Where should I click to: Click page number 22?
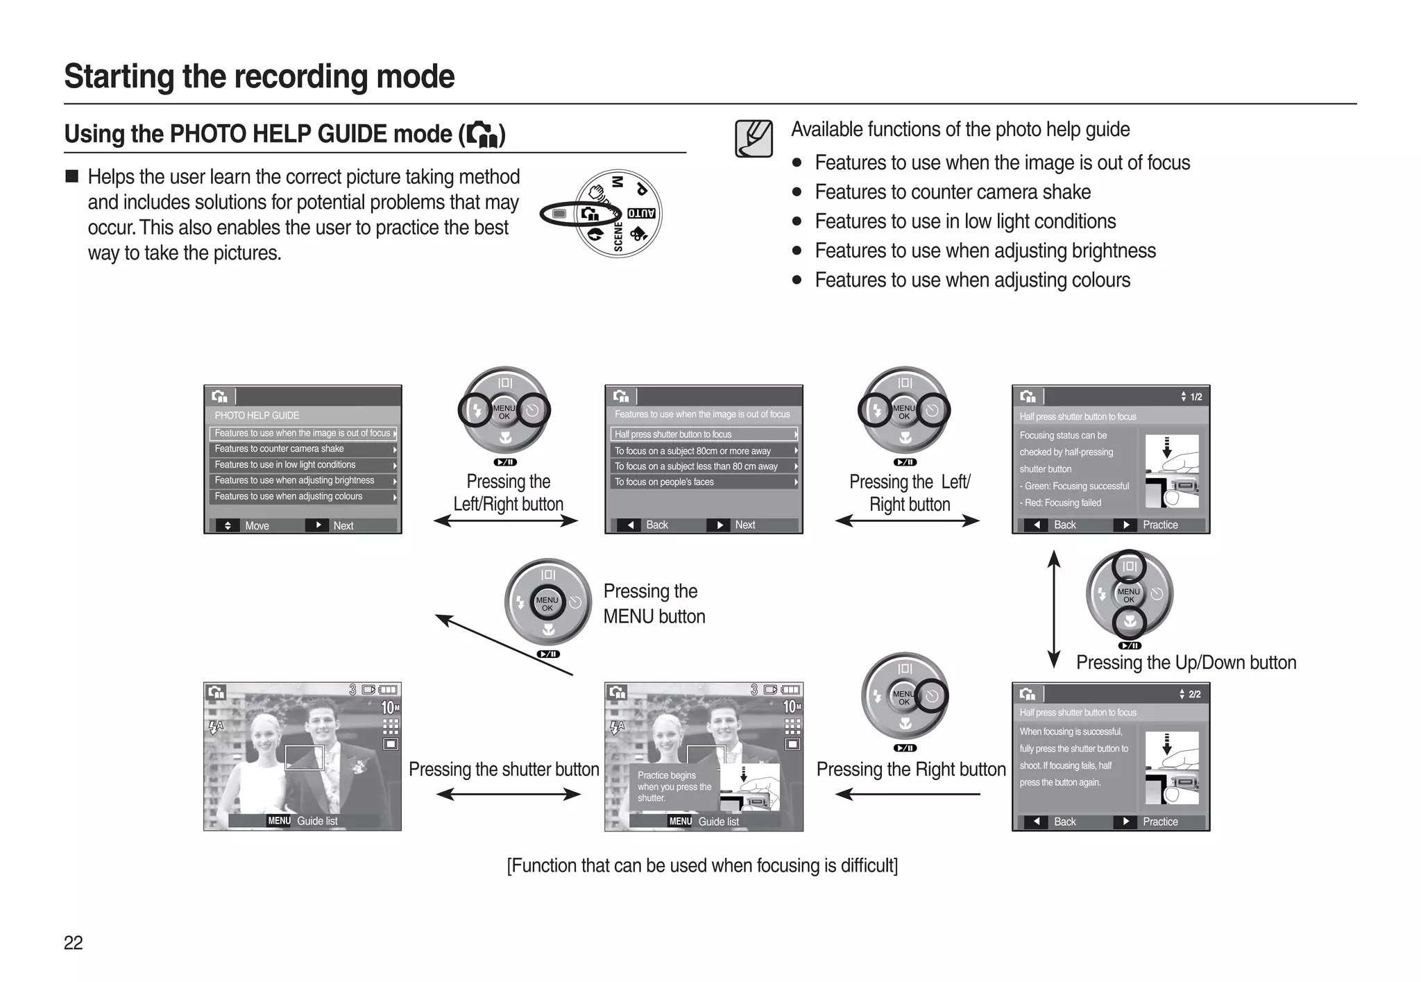pyautogui.click(x=73, y=942)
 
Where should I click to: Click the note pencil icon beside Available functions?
pyautogui.click(x=754, y=138)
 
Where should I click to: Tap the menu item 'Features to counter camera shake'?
pyautogui.click(x=279, y=449)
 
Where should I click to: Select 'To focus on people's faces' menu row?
pyautogui.click(x=664, y=482)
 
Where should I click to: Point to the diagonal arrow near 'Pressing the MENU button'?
pyautogui.click(x=503, y=645)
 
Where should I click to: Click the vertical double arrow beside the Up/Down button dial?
pyautogui.click(x=1053, y=609)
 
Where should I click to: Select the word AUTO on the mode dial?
pyautogui.click(x=641, y=213)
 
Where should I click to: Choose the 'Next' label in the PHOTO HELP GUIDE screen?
pyautogui.click(x=343, y=526)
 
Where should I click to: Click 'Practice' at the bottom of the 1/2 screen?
pyautogui.click(x=1160, y=525)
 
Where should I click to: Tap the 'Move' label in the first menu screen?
pyautogui.click(x=257, y=526)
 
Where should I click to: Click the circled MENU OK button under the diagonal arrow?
pyautogui.click(x=547, y=603)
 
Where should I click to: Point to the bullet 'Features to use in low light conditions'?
pyautogui.click(x=965, y=221)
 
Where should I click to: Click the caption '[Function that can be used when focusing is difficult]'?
pyautogui.click(x=702, y=865)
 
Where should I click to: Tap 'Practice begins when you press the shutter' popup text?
pyautogui.click(x=674, y=787)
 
